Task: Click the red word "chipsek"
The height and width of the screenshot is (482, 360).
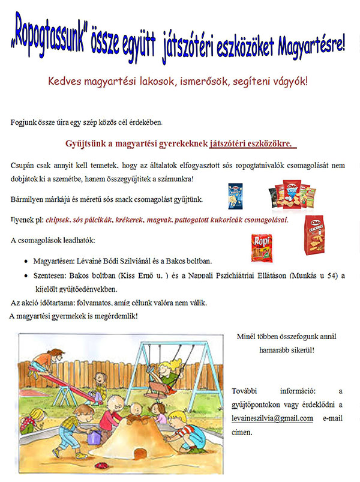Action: [61, 221]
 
